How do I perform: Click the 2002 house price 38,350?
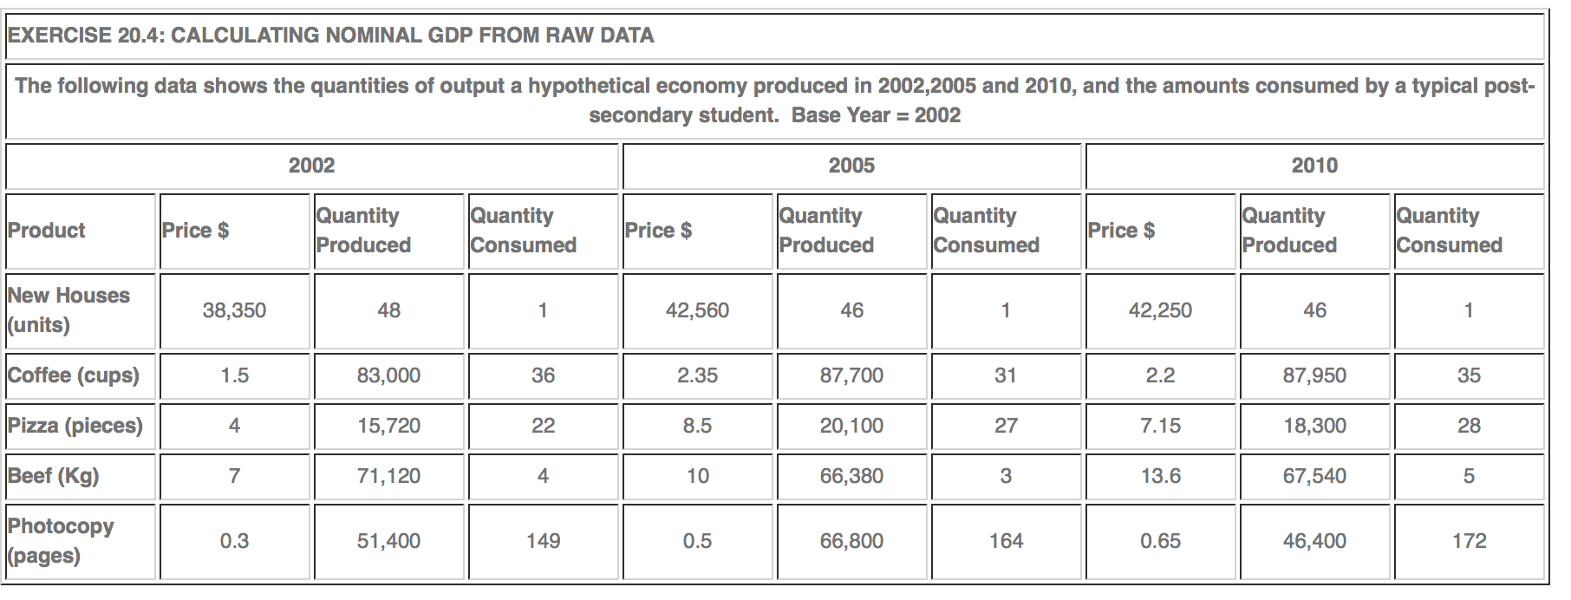tap(234, 310)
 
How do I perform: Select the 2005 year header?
tap(851, 166)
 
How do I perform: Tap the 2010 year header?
tap(1314, 166)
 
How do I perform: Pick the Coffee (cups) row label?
tap(74, 375)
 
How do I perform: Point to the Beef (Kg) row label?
tap(54, 476)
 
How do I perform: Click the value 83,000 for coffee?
tap(388, 375)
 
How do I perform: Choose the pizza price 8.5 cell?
tap(697, 426)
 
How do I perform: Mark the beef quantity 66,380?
tap(851, 476)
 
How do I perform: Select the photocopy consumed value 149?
tap(543, 541)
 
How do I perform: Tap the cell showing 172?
tap(1469, 541)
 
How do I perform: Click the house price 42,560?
tap(697, 310)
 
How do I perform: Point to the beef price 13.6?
tap(1160, 476)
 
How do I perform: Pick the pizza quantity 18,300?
tap(1314, 426)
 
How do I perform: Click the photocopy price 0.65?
tap(1160, 541)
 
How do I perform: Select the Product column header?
tap(47, 231)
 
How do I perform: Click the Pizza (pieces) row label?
tap(75, 426)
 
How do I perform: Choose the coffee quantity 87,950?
tap(1314, 375)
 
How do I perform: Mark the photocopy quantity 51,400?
tap(388, 541)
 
